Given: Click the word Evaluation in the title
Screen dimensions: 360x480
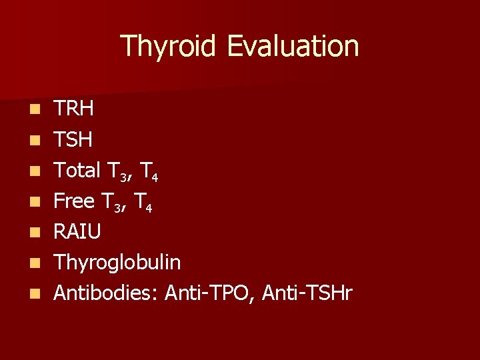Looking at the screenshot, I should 293,47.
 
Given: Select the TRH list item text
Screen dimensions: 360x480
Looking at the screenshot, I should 73,109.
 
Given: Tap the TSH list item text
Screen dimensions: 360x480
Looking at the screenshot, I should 73,139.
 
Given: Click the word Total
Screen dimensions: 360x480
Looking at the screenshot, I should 77,170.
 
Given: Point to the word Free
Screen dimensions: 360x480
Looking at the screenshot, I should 73,201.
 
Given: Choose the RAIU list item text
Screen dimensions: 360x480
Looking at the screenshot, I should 77,231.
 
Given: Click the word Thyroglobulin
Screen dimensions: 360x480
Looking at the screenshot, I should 117,263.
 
